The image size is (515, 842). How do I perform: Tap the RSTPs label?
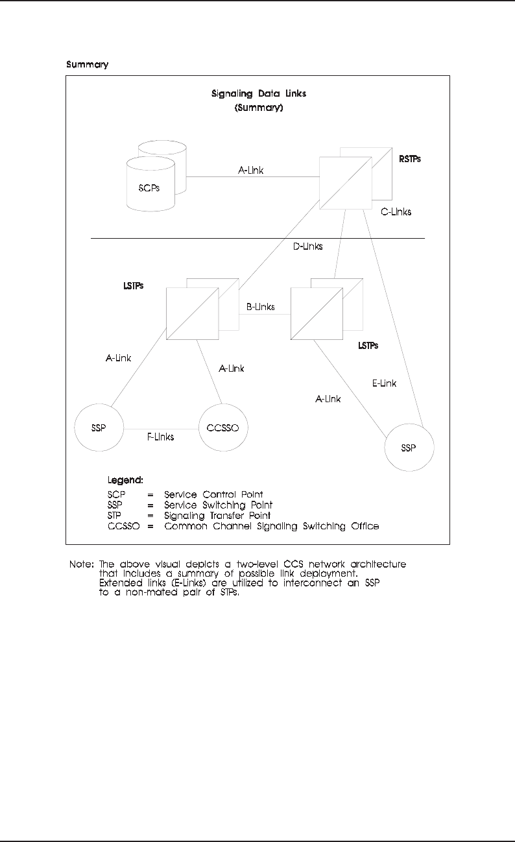pyautogui.click(x=409, y=158)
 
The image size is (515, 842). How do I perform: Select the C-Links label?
pyautogui.click(x=396, y=211)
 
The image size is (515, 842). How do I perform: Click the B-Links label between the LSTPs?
pyautogui.click(x=261, y=307)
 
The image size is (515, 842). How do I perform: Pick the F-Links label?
pyautogui.click(x=159, y=437)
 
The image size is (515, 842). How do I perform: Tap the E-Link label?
pyautogui.click(x=384, y=383)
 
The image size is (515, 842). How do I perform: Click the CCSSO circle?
pyautogui.click(x=224, y=429)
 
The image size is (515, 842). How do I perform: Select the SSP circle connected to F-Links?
pyautogui.click(x=99, y=429)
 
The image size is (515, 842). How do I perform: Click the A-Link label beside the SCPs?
pyautogui.click(x=250, y=171)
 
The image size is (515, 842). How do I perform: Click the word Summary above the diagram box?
pyautogui.click(x=88, y=65)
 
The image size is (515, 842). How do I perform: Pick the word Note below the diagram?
pyautogui.click(x=80, y=564)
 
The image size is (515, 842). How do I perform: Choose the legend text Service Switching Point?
pyautogui.click(x=219, y=505)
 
